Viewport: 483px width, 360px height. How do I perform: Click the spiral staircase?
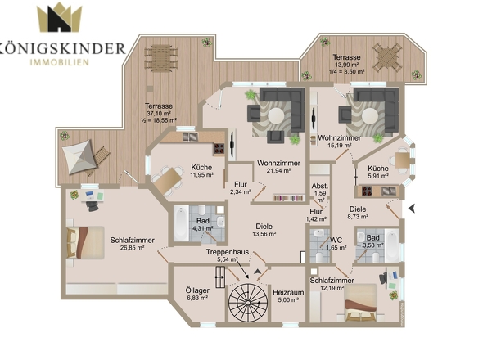pyautogui.click(x=248, y=303)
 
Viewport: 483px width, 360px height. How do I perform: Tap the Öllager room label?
pyautogui.click(x=197, y=290)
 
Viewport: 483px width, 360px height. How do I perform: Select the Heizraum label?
pyautogui.click(x=288, y=292)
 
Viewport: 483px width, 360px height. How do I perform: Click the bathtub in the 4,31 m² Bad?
pyautogui.click(x=181, y=223)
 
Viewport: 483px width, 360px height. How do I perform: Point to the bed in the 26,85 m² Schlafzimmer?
pyautogui.click(x=85, y=243)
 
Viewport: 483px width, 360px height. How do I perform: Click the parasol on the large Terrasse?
pyautogui.click(x=80, y=157)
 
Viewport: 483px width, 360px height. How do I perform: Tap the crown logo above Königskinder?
pyautogui.click(x=59, y=17)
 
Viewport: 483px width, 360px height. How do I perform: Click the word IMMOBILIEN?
pyautogui.click(x=60, y=62)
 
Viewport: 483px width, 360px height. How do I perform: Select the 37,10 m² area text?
pyautogui.click(x=159, y=114)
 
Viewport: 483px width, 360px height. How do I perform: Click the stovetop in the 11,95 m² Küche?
pyautogui.click(x=219, y=149)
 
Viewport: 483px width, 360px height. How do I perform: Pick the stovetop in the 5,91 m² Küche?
pyautogui.click(x=368, y=191)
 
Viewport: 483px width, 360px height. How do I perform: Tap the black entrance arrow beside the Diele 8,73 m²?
pyautogui.click(x=412, y=209)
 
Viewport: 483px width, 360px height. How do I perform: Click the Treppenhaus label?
pyautogui.click(x=228, y=252)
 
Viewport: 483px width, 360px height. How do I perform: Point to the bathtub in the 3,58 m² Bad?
pyautogui.click(x=391, y=245)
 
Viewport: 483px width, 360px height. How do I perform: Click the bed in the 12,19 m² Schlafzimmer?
pyautogui.click(x=361, y=303)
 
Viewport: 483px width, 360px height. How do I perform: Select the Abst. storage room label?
pyautogui.click(x=320, y=186)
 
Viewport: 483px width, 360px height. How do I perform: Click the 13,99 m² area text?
pyautogui.click(x=346, y=65)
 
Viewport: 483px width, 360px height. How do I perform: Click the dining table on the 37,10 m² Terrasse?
pyautogui.click(x=161, y=58)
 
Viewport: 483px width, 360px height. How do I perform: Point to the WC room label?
pyautogui.click(x=336, y=241)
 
